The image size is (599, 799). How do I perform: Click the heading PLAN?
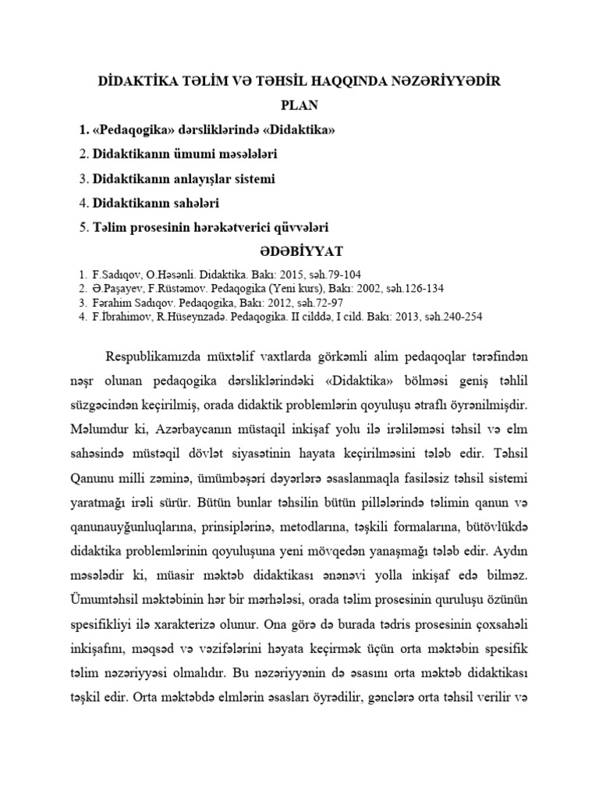pyautogui.click(x=300, y=105)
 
